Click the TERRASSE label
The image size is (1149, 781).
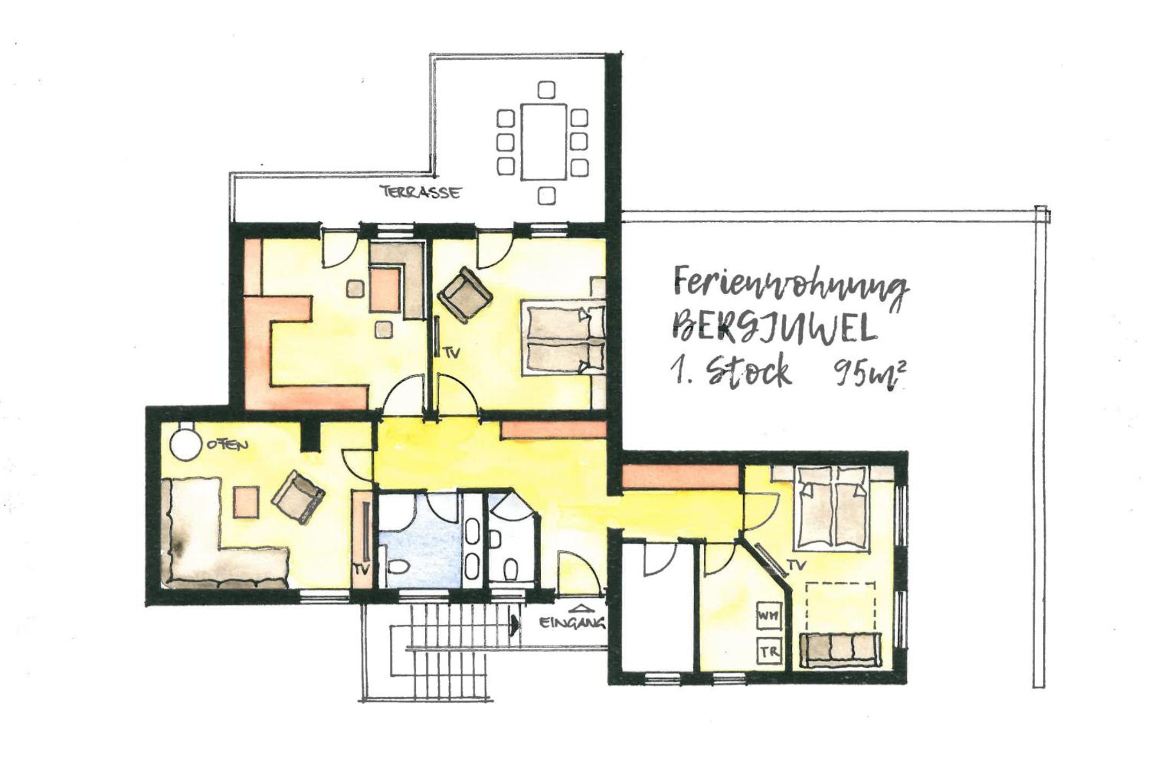420,192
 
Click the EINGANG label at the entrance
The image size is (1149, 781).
572,623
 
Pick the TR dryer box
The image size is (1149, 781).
768,651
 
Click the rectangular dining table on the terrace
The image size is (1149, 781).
543,142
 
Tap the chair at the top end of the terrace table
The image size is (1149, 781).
546,90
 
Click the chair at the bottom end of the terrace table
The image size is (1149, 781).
546,195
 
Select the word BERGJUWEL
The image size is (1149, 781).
774,329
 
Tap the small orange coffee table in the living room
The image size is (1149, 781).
246,501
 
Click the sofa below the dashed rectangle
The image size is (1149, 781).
840,650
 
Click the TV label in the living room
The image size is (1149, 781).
362,571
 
